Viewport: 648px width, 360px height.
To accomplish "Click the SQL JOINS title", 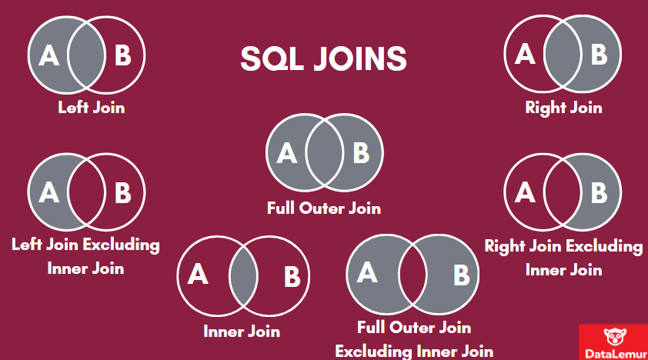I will click(x=324, y=58).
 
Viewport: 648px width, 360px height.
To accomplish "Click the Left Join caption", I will click(x=91, y=108).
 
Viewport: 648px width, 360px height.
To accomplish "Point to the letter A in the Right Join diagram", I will click(x=525, y=54).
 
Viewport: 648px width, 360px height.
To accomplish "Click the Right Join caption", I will click(x=563, y=108).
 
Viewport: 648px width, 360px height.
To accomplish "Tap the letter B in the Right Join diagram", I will click(x=599, y=54).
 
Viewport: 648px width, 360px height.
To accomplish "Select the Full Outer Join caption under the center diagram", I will click(x=324, y=208).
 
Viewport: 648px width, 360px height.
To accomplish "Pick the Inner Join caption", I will click(x=242, y=332).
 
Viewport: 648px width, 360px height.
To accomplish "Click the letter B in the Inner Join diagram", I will click(x=291, y=276).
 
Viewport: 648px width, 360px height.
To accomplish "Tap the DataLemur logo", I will click(x=613, y=342).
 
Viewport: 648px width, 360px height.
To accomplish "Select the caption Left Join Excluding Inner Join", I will click(x=85, y=257).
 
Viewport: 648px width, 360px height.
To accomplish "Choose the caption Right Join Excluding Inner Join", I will click(x=563, y=258).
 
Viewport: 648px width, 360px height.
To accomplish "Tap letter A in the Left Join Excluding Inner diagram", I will click(x=48, y=191).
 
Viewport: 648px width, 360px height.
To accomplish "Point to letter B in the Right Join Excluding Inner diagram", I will click(x=599, y=191).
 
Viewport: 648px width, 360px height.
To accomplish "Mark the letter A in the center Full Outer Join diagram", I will click(x=286, y=153).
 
